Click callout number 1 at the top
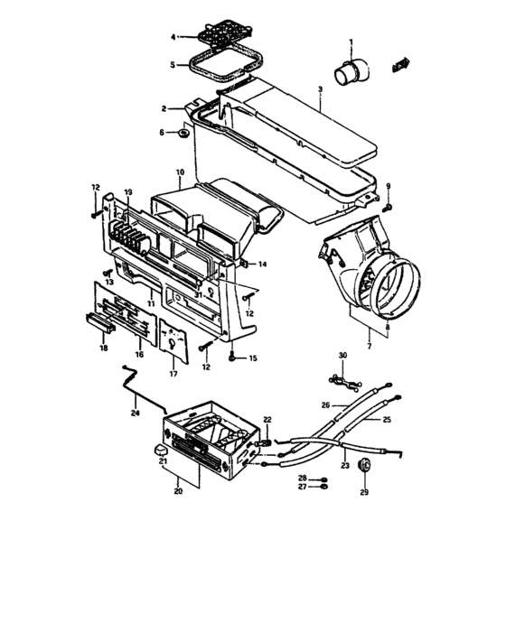pyautogui.click(x=352, y=42)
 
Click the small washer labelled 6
pyautogui.click(x=183, y=135)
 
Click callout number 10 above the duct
pyautogui.click(x=180, y=172)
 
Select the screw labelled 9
pyautogui.click(x=387, y=207)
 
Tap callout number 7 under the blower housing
pyautogui.click(x=368, y=346)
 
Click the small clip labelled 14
pyautogui.click(x=245, y=264)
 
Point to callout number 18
pyautogui.click(x=104, y=347)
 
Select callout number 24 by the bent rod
pyautogui.click(x=136, y=414)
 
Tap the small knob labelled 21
pyautogui.click(x=160, y=448)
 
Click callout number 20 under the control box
pyautogui.click(x=178, y=491)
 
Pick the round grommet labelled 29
pyautogui.click(x=364, y=465)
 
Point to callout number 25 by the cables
pyautogui.click(x=387, y=421)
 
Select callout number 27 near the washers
pyautogui.click(x=304, y=487)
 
